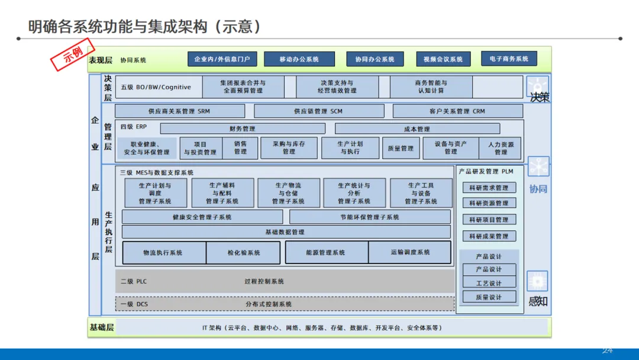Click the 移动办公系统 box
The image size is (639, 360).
[x=299, y=59]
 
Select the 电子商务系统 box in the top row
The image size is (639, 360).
[x=509, y=59]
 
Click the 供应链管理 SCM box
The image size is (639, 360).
[x=318, y=111]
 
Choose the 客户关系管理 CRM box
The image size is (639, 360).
[x=457, y=111]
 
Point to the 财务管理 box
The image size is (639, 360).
[x=243, y=128]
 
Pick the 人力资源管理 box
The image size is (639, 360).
[x=501, y=148]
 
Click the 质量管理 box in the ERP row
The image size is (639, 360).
[x=401, y=148]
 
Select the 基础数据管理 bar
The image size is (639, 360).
[x=286, y=232]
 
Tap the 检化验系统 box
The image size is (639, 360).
[x=243, y=253]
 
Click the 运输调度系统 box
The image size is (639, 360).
[x=409, y=252]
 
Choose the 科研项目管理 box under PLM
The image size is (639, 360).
[x=489, y=220]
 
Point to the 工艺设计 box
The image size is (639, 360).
[x=489, y=283]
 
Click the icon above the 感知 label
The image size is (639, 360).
[x=537, y=281]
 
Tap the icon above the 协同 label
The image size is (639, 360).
[x=538, y=167]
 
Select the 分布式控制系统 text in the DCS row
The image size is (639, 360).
[x=269, y=304]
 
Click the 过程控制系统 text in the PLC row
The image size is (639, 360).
[x=264, y=281]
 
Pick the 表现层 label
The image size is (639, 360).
[x=101, y=60]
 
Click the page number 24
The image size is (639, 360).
[x=607, y=351]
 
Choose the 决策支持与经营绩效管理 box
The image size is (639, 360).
[x=337, y=87]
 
